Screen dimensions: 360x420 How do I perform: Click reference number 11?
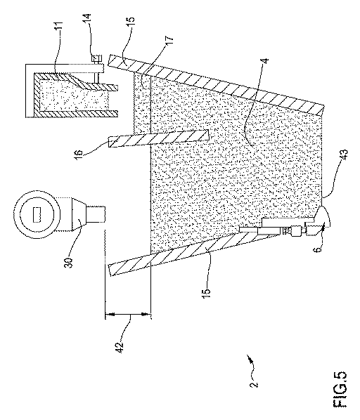pyautogui.click(x=59, y=27)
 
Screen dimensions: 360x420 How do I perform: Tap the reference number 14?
pyautogui.click(x=87, y=19)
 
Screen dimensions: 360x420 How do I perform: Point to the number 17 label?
pyautogui.click(x=169, y=41)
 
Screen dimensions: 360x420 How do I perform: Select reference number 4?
pyautogui.click(x=264, y=61)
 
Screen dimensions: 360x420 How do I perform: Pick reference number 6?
pyautogui.click(x=319, y=249)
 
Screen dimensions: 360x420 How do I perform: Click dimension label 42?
pyautogui.click(x=120, y=347)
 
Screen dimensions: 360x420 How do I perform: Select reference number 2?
pyautogui.click(x=254, y=384)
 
